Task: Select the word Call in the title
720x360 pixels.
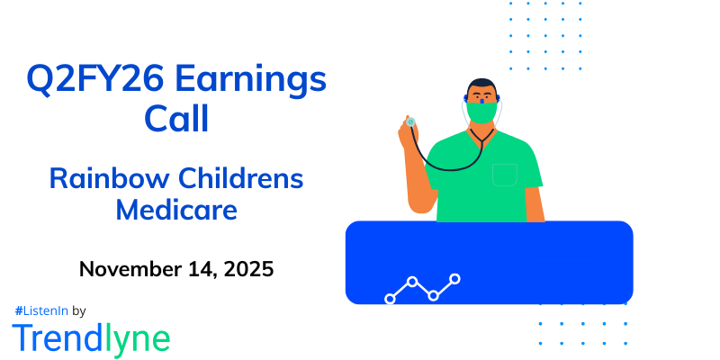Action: tap(176, 119)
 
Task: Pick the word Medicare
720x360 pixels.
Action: tap(176, 211)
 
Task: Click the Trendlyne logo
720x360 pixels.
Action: tap(91, 338)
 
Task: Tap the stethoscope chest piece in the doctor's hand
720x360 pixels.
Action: tap(410, 121)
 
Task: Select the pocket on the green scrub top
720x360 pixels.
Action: tap(505, 174)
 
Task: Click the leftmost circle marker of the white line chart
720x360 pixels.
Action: tap(390, 298)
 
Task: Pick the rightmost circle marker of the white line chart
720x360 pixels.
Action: tap(455, 279)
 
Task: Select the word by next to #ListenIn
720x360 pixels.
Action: tap(78, 310)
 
